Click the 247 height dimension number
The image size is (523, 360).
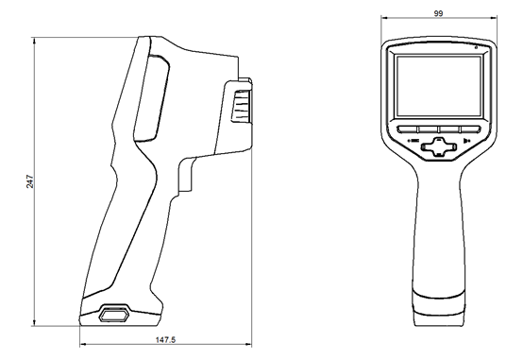click(x=30, y=181)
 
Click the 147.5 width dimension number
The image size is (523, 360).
click(x=165, y=340)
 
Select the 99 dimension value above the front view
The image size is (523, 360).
click(x=438, y=13)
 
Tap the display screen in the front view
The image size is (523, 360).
click(x=438, y=86)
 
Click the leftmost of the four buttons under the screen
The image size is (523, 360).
click(x=407, y=129)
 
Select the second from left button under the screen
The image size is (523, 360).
click(x=428, y=129)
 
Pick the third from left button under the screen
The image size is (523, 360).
click(x=449, y=129)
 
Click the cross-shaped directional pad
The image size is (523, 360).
click(x=439, y=146)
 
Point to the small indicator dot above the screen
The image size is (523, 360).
click(x=476, y=47)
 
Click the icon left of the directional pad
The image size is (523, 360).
click(x=413, y=141)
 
